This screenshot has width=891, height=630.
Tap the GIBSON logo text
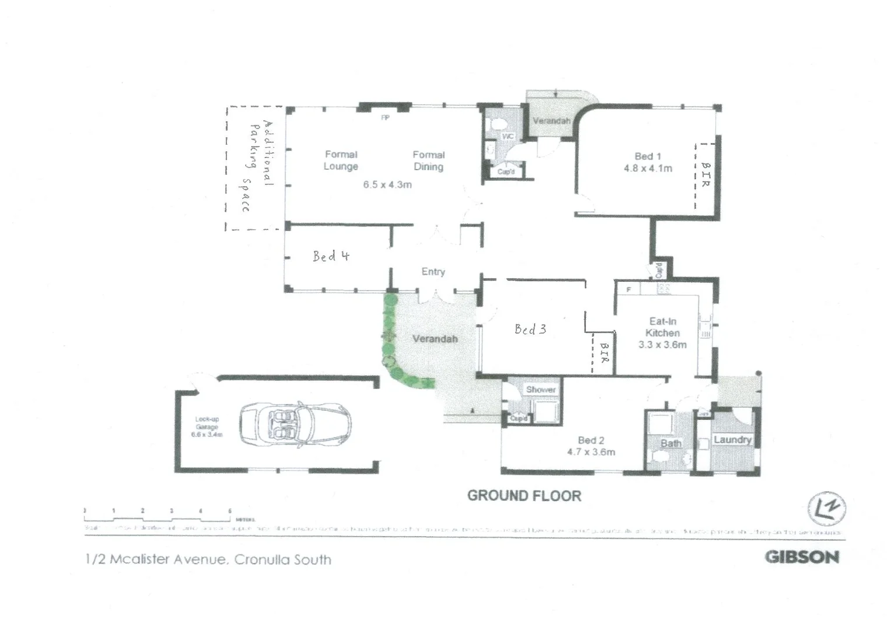tap(802, 557)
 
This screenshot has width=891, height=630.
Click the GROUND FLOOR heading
tap(524, 496)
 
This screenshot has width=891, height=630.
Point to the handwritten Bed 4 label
tap(330, 256)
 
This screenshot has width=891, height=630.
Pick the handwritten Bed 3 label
tap(530, 330)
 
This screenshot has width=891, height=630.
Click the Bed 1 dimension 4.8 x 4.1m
tap(648, 169)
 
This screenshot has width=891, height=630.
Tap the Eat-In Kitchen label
tap(662, 327)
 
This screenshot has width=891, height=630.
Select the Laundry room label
tap(732, 440)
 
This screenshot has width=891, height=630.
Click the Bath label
tap(670, 443)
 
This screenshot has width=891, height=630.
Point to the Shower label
tap(540, 390)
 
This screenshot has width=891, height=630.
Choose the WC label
tap(508, 136)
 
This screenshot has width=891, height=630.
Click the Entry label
tap(433, 272)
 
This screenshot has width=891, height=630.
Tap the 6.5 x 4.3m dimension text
tap(387, 185)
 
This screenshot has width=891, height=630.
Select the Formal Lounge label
tap(341, 160)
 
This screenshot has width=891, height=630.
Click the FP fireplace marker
tap(385, 118)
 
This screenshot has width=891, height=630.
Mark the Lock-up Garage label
tap(207, 423)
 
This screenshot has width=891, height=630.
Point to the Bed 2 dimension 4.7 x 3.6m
tap(590, 452)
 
